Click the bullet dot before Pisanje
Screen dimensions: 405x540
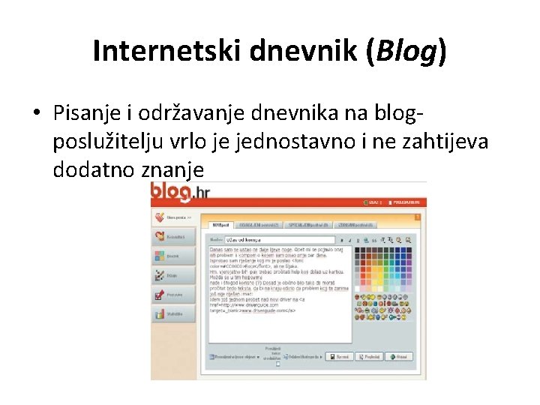(x=36, y=113)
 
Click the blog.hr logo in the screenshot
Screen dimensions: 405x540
(x=181, y=193)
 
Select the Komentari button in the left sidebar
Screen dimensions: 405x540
(x=173, y=237)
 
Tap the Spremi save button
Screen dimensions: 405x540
(x=340, y=357)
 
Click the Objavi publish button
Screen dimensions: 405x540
(x=398, y=357)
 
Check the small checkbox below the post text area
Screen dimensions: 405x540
(x=277, y=364)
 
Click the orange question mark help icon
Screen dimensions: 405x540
(x=418, y=216)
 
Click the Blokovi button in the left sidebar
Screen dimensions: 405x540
(x=173, y=256)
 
